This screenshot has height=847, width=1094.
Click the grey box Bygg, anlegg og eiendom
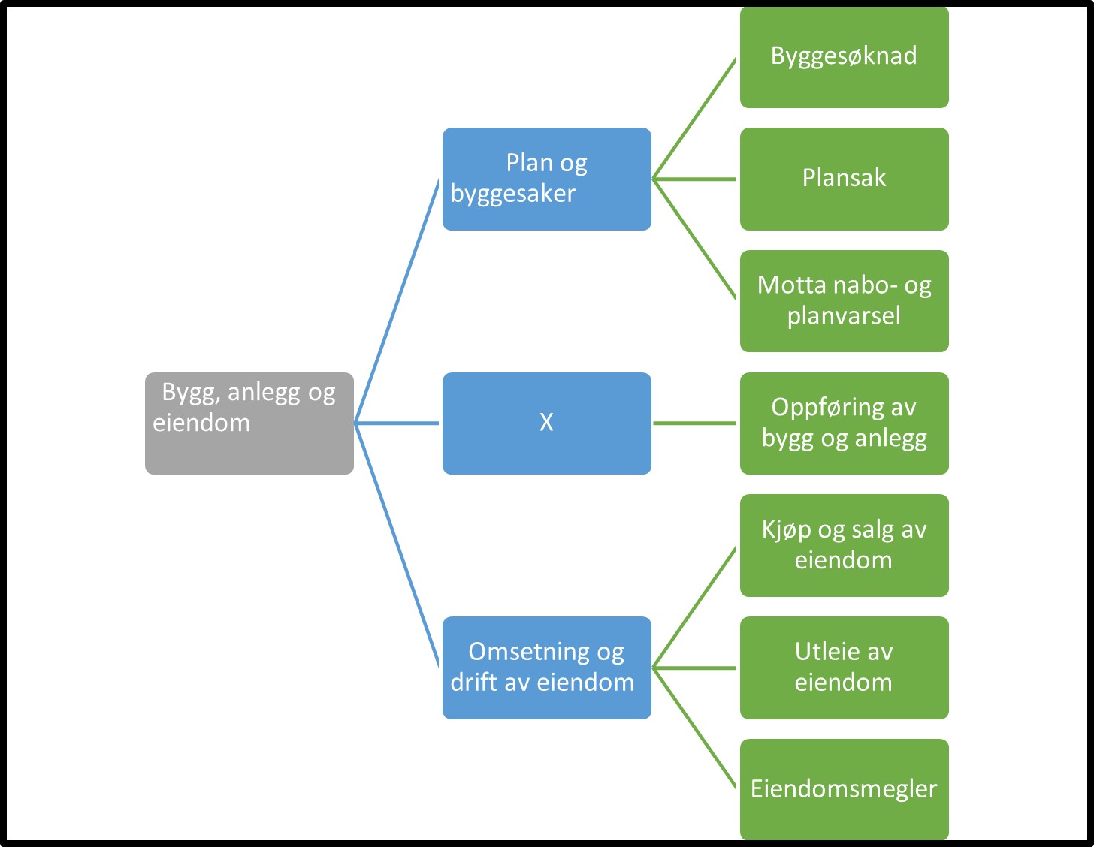pos(249,423)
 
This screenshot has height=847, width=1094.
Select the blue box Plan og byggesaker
pos(546,179)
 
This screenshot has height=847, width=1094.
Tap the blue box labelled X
pos(546,423)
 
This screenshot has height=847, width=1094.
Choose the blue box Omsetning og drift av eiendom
pos(546,668)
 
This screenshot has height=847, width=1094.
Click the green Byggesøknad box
pos(844,57)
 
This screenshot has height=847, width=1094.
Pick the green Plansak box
pos(844,179)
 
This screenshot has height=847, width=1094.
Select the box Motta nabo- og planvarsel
pos(844,301)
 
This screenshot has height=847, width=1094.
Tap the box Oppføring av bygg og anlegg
pos(844,423)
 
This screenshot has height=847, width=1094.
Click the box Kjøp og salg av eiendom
pos(844,545)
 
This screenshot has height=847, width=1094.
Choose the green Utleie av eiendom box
pos(844,668)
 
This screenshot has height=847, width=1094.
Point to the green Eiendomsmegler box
pos(844,789)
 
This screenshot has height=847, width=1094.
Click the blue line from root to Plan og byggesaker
pos(397,300)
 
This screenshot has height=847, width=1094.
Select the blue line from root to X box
pos(397,423)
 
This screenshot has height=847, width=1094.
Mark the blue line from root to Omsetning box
pos(397,546)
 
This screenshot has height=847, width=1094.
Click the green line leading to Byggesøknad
pos(695,118)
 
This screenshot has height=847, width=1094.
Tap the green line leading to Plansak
pos(695,179)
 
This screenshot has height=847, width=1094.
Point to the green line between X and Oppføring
pos(695,423)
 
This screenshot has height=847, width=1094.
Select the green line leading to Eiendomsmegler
pos(695,728)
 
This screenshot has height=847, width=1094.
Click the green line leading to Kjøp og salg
pos(695,607)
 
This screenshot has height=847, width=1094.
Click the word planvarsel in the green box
pos(844,316)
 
